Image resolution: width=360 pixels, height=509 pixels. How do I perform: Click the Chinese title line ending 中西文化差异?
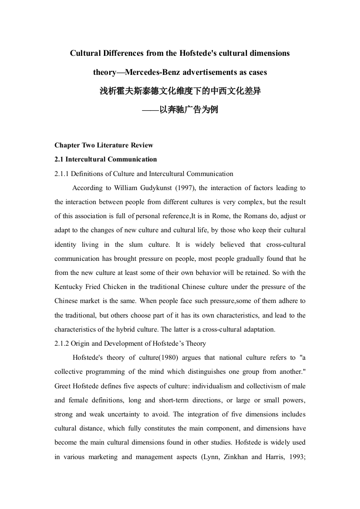(180, 91)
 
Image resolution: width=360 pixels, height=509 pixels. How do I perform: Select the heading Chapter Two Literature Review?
(104, 145)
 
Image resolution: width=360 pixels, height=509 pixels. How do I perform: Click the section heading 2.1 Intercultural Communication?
(106, 159)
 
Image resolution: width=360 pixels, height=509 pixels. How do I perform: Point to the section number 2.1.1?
(62, 173)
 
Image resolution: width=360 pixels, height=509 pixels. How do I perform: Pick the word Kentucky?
(68, 287)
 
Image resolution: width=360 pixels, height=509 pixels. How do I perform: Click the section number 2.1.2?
(62, 343)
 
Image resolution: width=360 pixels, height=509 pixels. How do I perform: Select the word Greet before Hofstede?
(63, 386)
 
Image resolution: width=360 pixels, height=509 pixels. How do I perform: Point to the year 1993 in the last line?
(295, 457)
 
